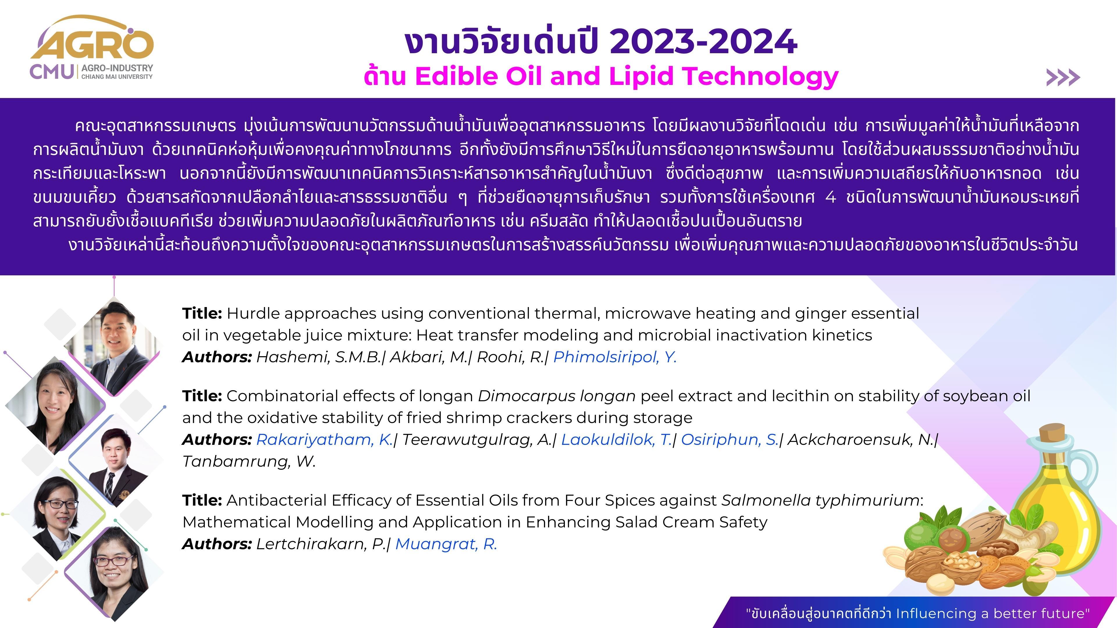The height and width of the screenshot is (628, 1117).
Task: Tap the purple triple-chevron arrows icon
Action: tap(1063, 78)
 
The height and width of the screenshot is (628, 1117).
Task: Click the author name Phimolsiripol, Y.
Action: tap(615, 357)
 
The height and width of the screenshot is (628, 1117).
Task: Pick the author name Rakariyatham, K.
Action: tap(324, 440)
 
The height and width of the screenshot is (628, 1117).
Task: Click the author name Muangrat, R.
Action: tap(446, 544)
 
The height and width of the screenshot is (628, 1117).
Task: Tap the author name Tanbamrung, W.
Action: tap(249, 461)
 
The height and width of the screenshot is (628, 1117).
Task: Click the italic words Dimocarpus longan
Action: tap(557, 396)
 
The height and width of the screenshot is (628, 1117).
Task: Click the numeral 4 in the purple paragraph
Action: tap(831, 197)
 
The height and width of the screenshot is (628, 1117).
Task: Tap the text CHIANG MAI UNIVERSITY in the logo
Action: tap(117, 77)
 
